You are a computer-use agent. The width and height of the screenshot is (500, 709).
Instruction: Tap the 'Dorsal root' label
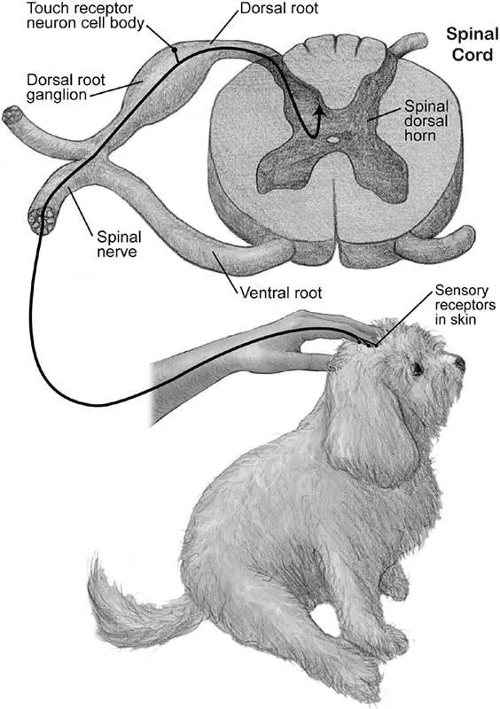[x=278, y=8]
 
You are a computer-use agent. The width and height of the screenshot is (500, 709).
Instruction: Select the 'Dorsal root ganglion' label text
[x=65, y=87]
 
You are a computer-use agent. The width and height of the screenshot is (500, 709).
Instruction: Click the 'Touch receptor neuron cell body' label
[x=84, y=15]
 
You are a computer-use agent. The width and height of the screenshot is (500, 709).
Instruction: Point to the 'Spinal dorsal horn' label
[x=426, y=121]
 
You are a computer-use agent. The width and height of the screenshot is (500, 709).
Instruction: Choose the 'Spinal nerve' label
[x=120, y=245]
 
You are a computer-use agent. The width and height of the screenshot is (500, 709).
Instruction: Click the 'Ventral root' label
[x=280, y=292]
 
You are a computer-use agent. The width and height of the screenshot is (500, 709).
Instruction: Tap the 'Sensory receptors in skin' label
[x=465, y=305]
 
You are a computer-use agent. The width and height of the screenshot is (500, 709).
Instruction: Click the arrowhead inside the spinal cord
[x=319, y=110]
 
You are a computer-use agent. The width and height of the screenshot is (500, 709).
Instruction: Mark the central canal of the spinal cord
[x=333, y=140]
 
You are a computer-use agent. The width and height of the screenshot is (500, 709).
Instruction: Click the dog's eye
[x=417, y=370]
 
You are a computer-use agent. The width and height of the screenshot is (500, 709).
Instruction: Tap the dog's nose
[x=460, y=362]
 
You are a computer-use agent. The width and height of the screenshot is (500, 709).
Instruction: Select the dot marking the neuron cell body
[x=175, y=50]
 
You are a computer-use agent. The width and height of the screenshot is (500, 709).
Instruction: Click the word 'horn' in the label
[x=420, y=136]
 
